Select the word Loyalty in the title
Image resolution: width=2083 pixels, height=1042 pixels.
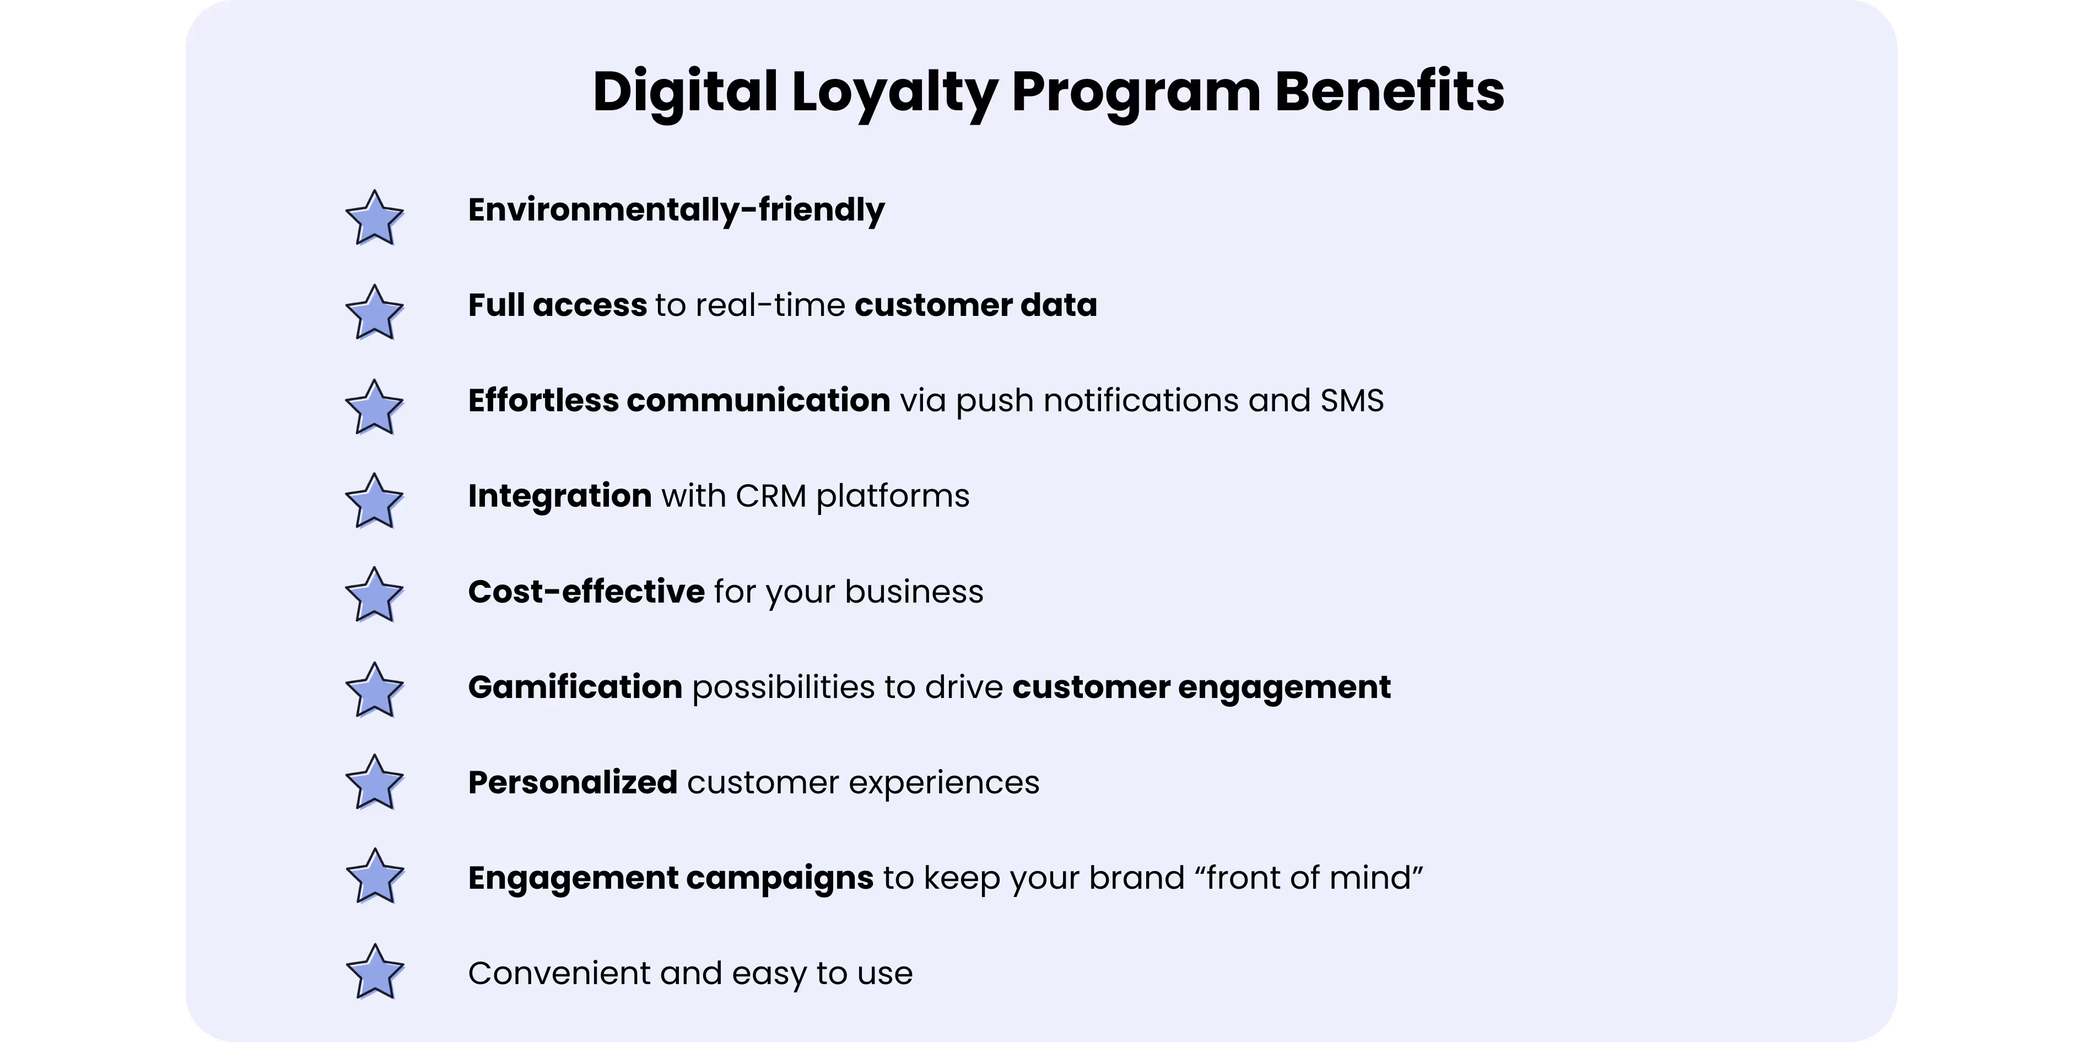(893, 92)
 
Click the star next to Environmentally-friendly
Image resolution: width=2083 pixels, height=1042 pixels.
(374, 218)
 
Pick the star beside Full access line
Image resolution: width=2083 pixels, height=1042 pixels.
(374, 313)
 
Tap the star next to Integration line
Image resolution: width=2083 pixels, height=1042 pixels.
(374, 502)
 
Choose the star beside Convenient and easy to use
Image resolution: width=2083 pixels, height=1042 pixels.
(374, 973)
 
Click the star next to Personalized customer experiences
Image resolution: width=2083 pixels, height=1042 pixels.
(374, 783)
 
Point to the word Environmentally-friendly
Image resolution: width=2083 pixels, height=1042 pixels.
(676, 210)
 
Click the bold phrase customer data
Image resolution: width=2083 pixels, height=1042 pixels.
(975, 305)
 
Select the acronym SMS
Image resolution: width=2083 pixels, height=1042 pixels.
(1351, 400)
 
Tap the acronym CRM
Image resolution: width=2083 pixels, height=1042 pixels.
(770, 496)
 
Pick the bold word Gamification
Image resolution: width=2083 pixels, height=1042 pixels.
(575, 687)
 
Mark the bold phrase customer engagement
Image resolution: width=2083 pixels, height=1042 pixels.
(1201, 687)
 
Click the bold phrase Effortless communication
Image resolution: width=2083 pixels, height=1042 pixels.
(678, 400)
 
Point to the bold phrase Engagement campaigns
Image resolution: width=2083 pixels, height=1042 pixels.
(670, 878)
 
